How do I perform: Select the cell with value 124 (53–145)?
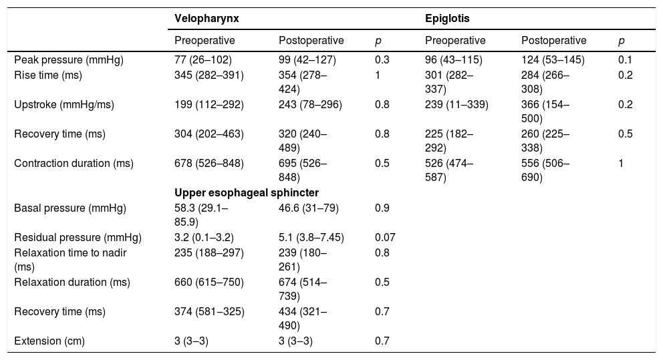(553, 59)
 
